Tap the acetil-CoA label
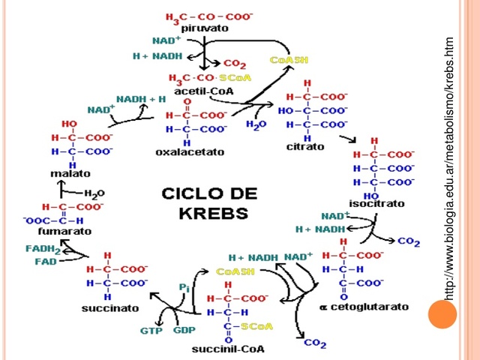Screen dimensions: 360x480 pos(204,91)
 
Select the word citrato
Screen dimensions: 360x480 pos(305,146)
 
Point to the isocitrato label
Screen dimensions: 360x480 pos(376,203)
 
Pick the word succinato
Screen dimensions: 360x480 pos(109,308)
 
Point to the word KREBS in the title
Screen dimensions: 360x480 pos(213,212)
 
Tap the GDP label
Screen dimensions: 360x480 pos(184,330)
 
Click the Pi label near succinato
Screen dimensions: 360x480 pos(184,287)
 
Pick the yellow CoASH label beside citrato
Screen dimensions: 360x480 pos(289,59)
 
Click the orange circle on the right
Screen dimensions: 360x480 pos(442,313)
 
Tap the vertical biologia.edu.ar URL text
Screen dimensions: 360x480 pos(449,169)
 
